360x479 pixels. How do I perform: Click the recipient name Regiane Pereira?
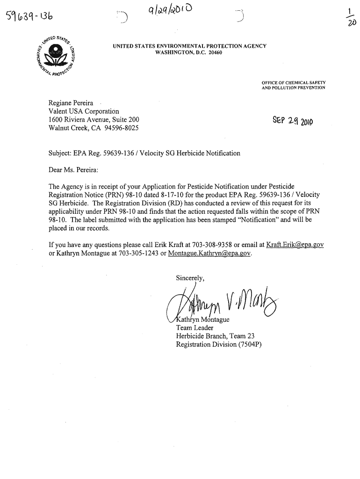coord(71,103)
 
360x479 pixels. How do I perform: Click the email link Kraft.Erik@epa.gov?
coord(295,245)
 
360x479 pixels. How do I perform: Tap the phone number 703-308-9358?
coord(210,245)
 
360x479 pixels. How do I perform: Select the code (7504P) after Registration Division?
coord(245,345)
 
